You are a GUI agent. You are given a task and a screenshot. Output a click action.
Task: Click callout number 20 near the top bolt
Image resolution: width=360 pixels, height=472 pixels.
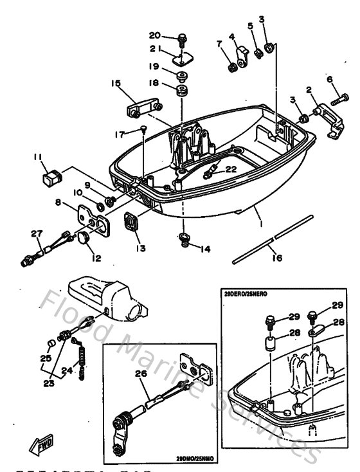tap(155, 35)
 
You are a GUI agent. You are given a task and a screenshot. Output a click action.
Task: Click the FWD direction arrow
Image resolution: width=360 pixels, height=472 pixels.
tap(30, 444)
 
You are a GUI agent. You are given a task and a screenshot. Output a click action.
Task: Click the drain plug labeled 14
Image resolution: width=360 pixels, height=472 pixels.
tap(184, 241)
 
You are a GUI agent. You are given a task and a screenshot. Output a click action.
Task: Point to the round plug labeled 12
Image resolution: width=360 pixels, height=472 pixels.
tap(84, 241)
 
